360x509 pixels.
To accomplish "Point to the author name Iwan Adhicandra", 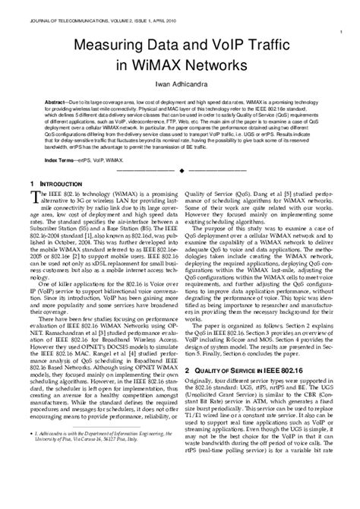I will tap(180, 85).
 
